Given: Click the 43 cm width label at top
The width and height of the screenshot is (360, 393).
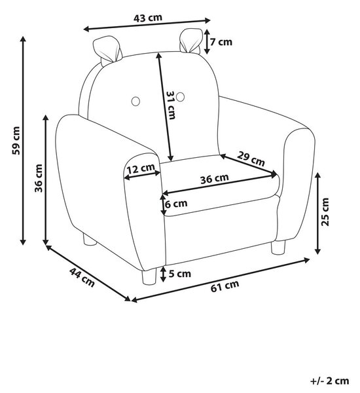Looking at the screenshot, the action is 148,18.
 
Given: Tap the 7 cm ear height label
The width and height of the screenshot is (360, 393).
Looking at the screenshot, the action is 221,42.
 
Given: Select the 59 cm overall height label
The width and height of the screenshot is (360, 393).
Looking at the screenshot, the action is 16,141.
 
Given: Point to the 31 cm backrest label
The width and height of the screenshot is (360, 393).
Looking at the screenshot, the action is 171,105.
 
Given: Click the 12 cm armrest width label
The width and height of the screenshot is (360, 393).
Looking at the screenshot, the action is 141,168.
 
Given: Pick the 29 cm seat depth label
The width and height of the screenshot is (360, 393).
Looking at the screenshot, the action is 251,159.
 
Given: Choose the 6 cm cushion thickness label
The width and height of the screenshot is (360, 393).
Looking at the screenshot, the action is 176,204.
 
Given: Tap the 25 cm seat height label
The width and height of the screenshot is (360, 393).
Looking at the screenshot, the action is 325,212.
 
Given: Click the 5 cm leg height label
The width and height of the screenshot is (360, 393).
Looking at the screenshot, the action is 179,273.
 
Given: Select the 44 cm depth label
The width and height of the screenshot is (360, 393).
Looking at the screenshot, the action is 82,277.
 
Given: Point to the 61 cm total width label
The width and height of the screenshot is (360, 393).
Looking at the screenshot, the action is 225,286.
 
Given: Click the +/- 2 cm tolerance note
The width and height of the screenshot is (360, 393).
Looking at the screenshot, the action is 330,381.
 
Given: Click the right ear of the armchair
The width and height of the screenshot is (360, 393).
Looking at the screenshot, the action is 191,41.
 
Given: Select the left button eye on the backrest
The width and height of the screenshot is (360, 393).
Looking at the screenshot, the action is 135,101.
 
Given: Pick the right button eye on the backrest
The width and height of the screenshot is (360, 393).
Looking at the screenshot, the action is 180,97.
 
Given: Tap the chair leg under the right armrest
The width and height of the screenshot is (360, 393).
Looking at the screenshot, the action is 278,247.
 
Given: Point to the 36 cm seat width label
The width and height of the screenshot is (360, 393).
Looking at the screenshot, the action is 215,178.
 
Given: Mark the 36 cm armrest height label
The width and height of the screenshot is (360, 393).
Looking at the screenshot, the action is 39,178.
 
